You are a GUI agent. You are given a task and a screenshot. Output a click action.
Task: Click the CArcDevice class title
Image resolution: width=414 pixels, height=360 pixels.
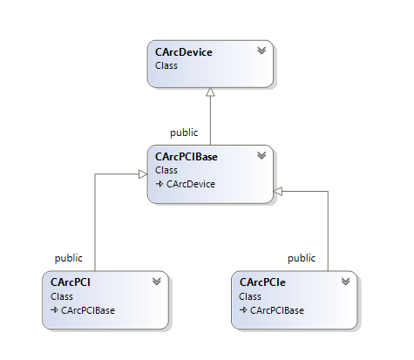coord(184,52)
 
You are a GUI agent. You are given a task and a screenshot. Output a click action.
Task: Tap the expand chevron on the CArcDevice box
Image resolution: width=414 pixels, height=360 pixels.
coord(261,51)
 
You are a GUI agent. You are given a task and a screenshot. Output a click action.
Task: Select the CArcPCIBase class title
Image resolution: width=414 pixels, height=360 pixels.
coord(187,157)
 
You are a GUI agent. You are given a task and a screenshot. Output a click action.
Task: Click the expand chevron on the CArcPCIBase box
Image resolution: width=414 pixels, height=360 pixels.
coord(261,155)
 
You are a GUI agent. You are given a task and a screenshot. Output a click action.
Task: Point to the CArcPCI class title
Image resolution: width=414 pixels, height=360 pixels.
coord(71,282)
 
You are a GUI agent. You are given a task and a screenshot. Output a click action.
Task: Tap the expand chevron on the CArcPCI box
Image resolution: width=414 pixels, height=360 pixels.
coord(157,282)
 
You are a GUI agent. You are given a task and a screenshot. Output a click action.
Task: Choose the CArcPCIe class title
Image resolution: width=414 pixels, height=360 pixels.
coord(262,282)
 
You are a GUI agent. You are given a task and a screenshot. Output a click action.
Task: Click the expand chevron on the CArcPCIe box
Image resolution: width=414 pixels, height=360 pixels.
coord(345,282)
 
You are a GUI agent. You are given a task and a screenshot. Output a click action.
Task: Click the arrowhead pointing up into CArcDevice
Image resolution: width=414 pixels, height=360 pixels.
coord(210,92)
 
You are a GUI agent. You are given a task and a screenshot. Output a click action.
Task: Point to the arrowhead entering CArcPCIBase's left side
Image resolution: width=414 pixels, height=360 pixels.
coord(143,174)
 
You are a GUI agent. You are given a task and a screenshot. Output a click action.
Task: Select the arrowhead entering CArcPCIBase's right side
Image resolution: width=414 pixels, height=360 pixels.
coord(278,192)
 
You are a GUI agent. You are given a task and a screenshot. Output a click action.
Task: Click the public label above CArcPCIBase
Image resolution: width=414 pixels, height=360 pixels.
coord(184,132)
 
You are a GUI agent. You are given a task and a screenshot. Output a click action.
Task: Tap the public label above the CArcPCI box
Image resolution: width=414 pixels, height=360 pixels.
coord(69,258)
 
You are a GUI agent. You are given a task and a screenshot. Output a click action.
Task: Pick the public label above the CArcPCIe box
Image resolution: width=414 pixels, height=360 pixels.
coord(302,258)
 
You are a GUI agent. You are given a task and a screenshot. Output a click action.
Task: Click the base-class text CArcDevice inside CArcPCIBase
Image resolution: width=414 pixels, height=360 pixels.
coord(191,184)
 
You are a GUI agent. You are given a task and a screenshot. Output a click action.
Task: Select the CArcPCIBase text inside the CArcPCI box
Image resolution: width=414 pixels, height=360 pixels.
coord(88,310)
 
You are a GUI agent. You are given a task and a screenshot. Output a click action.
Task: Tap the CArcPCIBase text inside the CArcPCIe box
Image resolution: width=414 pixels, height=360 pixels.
coord(277,310)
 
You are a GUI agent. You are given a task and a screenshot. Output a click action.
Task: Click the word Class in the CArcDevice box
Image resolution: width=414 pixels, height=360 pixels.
coord(166,65)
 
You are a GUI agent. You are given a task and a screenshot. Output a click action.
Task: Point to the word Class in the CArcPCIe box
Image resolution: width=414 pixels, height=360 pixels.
coord(250,296)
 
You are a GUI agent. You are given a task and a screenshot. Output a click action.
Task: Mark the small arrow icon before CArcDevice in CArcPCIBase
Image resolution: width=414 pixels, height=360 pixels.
coord(159,184)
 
